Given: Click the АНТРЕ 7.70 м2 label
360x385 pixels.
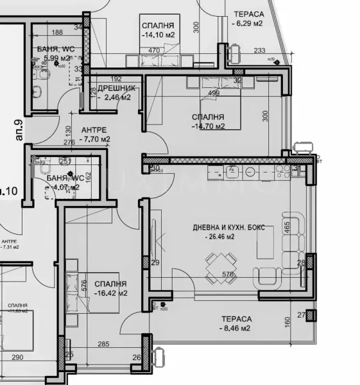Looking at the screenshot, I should [94, 133].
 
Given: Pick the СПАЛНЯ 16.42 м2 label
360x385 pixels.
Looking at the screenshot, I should [110, 288].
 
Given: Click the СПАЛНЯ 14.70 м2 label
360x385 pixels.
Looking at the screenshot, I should [208, 121].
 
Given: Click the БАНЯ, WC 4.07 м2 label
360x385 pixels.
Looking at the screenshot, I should [58, 182].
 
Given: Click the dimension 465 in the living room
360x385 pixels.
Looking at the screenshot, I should [288, 227].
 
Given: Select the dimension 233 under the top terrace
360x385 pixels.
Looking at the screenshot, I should [259, 51].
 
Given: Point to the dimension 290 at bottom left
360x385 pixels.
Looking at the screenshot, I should [17, 357].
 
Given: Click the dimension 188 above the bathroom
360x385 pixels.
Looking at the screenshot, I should [57, 32].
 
